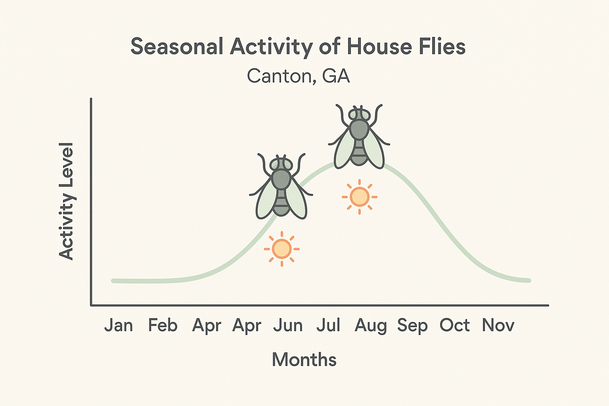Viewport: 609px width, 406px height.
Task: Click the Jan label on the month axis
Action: point(119,326)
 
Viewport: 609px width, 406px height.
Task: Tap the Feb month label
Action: point(163,326)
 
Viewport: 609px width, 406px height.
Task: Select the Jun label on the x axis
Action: point(288,326)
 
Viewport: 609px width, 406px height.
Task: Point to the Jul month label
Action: point(328,326)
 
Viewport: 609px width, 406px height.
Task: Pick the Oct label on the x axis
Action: point(454,326)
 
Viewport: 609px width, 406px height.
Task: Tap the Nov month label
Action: point(498,326)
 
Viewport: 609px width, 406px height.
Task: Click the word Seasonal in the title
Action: point(177,47)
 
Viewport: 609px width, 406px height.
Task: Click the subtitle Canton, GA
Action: point(298,76)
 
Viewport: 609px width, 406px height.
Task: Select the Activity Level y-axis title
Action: point(66,201)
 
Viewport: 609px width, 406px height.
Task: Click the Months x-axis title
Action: point(304,360)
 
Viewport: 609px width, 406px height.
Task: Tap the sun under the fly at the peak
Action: point(360,197)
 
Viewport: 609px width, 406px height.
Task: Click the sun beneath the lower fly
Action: point(282,249)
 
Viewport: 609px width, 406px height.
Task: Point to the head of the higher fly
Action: point(359,115)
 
